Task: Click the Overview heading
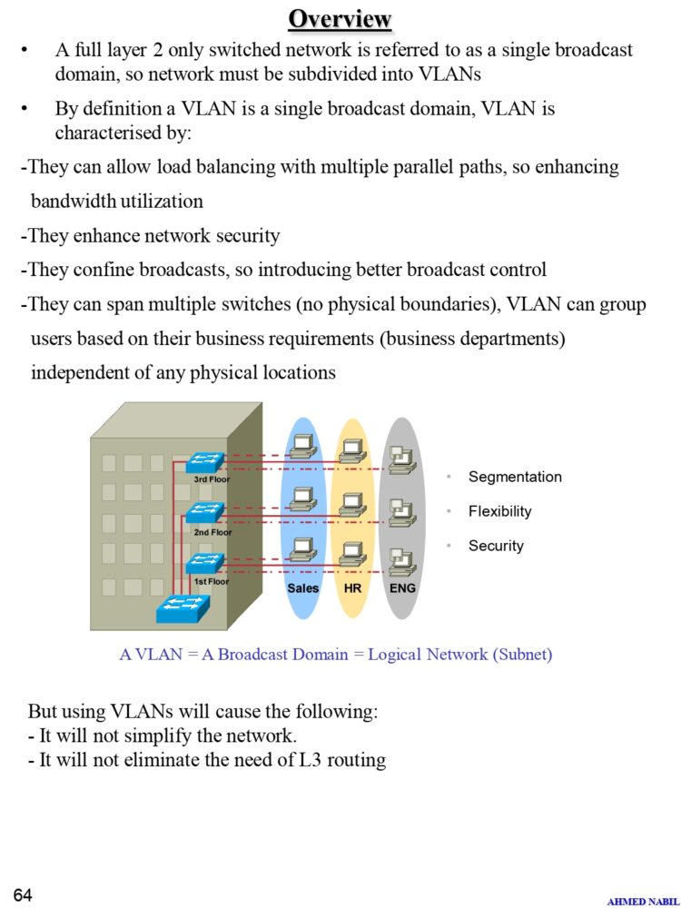pyautogui.click(x=340, y=18)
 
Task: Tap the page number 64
pyautogui.click(x=23, y=895)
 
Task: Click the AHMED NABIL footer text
pyautogui.click(x=641, y=901)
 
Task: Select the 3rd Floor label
pyautogui.click(x=212, y=479)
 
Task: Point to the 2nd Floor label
pyautogui.click(x=212, y=532)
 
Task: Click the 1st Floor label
pyautogui.click(x=211, y=581)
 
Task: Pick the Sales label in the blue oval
pyautogui.click(x=302, y=588)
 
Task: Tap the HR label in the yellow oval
pyautogui.click(x=353, y=588)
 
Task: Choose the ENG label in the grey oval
pyautogui.click(x=402, y=588)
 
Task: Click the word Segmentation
pyautogui.click(x=515, y=477)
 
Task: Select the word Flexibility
pyautogui.click(x=499, y=511)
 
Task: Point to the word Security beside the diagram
pyautogui.click(x=496, y=546)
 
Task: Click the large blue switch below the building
pyautogui.click(x=182, y=607)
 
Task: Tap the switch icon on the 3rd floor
pyautogui.click(x=205, y=461)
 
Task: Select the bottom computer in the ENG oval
pyautogui.click(x=401, y=561)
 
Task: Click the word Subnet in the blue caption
pyautogui.click(x=521, y=654)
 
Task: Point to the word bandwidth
pyautogui.click(x=71, y=201)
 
